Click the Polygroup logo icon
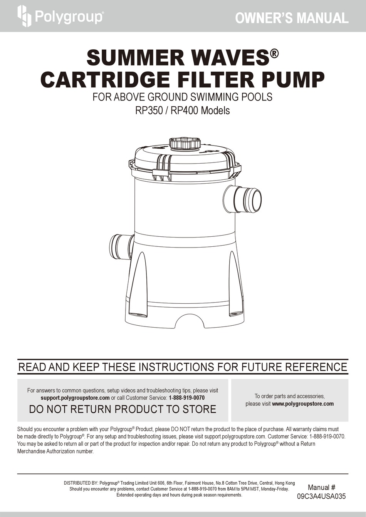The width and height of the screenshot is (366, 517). [24, 16]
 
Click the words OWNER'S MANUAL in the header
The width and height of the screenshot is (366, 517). [292, 18]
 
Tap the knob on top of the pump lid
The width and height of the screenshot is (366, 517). [185, 144]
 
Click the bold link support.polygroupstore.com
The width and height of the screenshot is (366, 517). [75, 398]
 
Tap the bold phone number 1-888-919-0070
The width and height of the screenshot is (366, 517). [186, 398]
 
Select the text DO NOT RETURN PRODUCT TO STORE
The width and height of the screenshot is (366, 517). [123, 409]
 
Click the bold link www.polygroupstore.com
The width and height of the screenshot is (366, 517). [303, 404]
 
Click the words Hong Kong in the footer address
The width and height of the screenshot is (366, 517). [285, 483]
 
